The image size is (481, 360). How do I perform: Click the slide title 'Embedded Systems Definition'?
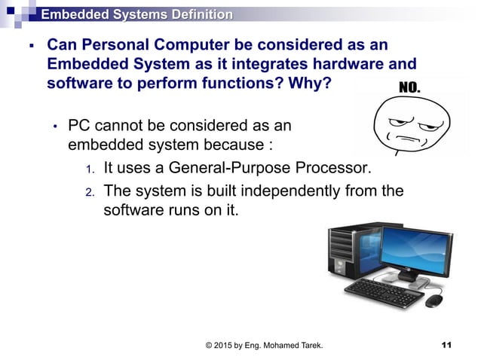pyautogui.click(x=136, y=14)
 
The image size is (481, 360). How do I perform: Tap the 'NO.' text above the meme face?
pyautogui.click(x=409, y=89)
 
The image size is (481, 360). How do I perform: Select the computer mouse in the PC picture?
pyautogui.click(x=434, y=301)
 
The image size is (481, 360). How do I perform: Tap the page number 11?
pyautogui.click(x=446, y=346)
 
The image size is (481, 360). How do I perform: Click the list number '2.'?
pyautogui.click(x=89, y=191)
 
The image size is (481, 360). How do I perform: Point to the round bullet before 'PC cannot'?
pyautogui.click(x=54, y=126)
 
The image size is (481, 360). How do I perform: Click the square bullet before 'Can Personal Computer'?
pyautogui.click(x=30, y=46)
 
